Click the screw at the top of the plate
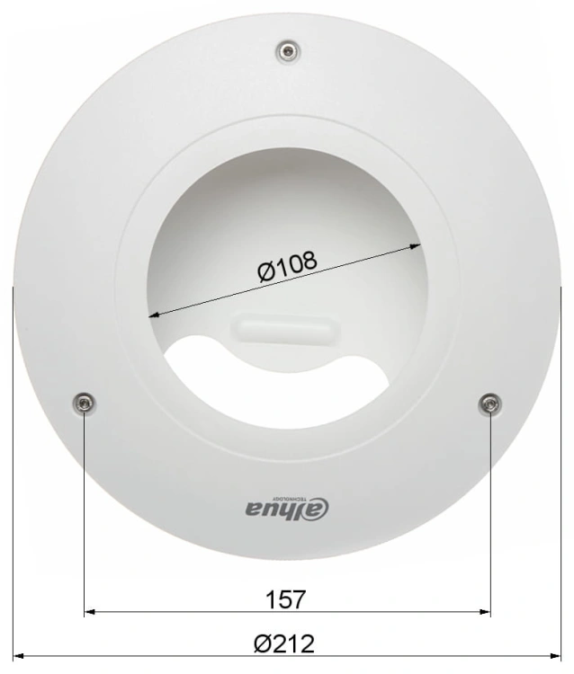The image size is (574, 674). click(x=288, y=52)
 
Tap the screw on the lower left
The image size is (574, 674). click(x=84, y=404)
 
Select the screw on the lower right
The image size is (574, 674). click(x=490, y=404)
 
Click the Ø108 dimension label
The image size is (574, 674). click(x=287, y=266)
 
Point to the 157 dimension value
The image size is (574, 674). click(x=286, y=599)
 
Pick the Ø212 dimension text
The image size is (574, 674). click(x=284, y=643)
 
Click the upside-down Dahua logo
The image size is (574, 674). click(x=287, y=507)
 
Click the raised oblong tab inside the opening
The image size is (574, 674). click(x=286, y=328)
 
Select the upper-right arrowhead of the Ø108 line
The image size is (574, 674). click(x=416, y=246)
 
